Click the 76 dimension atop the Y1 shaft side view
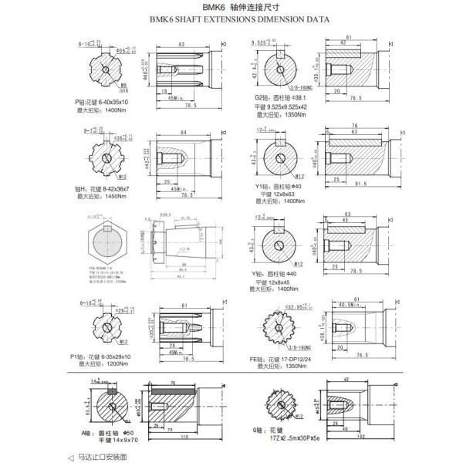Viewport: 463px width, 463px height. click(353, 126)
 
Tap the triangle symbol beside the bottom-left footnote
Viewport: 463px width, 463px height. click(72, 456)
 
